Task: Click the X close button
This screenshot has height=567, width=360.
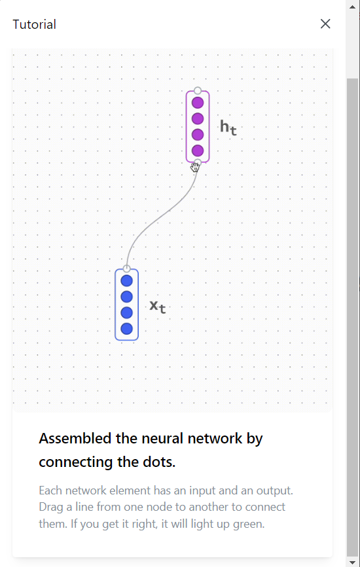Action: click(x=325, y=24)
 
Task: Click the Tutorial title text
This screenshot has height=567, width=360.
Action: click(x=35, y=24)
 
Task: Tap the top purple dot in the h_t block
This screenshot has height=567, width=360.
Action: click(x=198, y=103)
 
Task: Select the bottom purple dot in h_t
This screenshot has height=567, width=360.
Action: click(x=198, y=150)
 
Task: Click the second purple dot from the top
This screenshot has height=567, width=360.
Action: click(x=198, y=118)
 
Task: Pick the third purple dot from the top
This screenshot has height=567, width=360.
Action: click(x=198, y=135)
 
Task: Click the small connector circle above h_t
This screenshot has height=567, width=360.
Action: click(x=198, y=90)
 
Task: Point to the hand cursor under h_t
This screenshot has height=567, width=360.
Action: click(x=195, y=167)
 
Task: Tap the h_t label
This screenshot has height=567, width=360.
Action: click(x=228, y=128)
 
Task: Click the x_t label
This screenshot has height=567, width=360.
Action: click(x=158, y=307)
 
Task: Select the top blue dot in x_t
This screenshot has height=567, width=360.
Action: click(x=126, y=281)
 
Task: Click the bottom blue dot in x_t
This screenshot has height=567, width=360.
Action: click(x=126, y=329)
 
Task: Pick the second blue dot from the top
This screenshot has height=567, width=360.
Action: click(x=126, y=296)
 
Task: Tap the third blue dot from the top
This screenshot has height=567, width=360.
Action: click(x=126, y=313)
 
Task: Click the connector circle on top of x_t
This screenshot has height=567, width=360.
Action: click(x=126, y=269)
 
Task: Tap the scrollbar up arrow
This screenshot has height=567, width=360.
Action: click(x=352, y=7)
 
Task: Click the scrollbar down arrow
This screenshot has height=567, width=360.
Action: click(x=352, y=562)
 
